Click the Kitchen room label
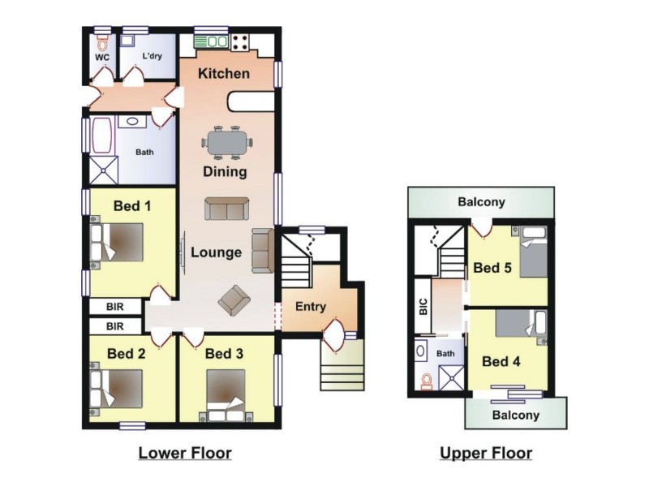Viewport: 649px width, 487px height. tap(224, 74)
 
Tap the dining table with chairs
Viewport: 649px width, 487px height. tap(226, 143)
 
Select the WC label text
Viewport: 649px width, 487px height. tap(102, 58)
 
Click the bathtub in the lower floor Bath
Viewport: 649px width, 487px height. tap(102, 136)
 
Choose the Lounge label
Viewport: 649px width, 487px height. tap(216, 252)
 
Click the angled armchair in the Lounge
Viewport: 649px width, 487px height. tap(234, 300)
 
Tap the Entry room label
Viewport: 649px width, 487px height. tap(310, 306)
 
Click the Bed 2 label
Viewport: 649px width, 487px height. tap(127, 354)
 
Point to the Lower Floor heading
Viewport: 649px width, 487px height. tap(185, 453)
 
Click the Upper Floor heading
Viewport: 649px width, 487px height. tap(486, 453)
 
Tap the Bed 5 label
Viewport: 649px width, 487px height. tap(492, 268)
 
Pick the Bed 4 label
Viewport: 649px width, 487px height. tap(501, 361)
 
